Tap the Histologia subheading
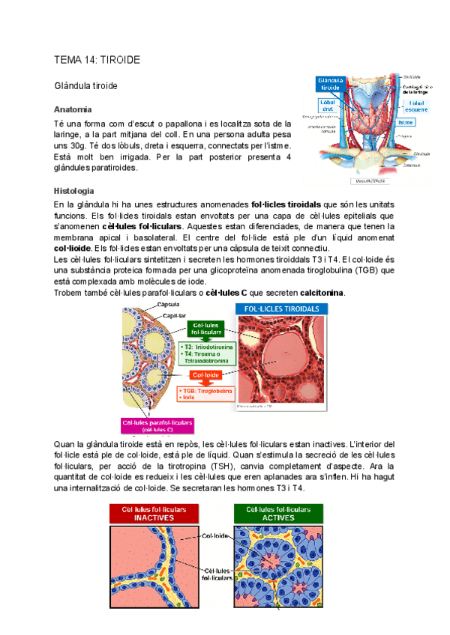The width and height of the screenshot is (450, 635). pyautogui.click(x=74, y=191)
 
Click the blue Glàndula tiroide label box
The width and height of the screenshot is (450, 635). pyautogui.click(x=330, y=83)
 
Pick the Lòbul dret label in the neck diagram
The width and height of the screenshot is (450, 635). pyautogui.click(x=328, y=107)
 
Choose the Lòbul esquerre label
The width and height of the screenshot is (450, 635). pyautogui.click(x=417, y=106)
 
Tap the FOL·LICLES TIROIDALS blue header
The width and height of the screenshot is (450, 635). pyautogui.click(x=281, y=309)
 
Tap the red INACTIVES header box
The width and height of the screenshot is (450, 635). pyautogui.click(x=158, y=513)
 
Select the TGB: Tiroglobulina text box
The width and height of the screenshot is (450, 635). pyautogui.click(x=205, y=395)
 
